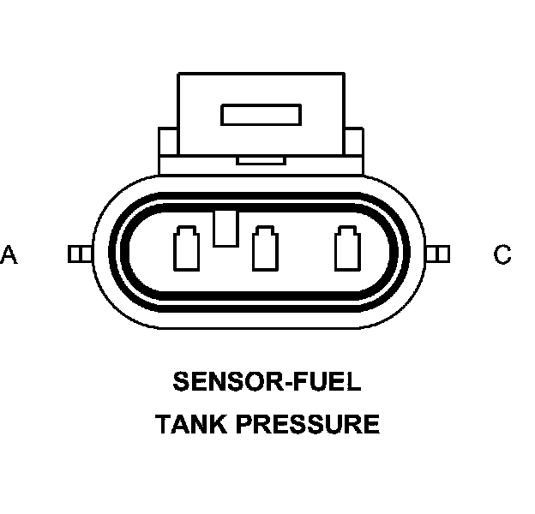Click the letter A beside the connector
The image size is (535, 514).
coord(9,254)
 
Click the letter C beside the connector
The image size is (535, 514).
coord(502,254)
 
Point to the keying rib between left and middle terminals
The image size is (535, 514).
coord(225,228)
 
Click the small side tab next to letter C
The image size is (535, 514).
coord(439,254)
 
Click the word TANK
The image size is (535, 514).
coord(191,424)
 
